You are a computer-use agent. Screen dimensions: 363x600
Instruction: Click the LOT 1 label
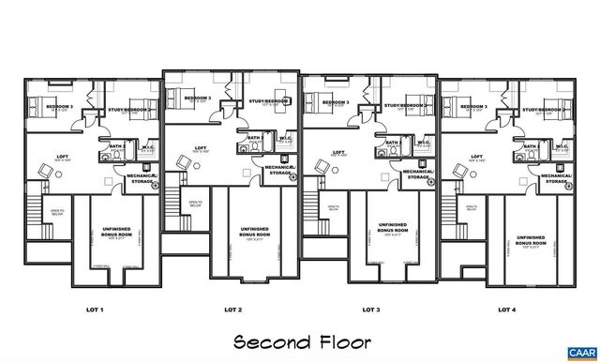coord(95,309)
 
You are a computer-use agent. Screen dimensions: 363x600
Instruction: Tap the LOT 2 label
coord(233,309)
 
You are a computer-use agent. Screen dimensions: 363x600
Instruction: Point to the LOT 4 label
coord(506,309)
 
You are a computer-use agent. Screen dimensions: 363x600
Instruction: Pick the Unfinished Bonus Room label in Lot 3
coord(392,228)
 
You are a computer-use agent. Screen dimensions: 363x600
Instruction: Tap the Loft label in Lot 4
coord(476,157)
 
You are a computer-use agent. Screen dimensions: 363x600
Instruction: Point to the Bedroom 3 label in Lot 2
coord(198,98)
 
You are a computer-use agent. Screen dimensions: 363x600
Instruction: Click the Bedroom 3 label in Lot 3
coord(335,102)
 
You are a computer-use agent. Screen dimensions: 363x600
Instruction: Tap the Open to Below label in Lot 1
coord(56,213)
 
